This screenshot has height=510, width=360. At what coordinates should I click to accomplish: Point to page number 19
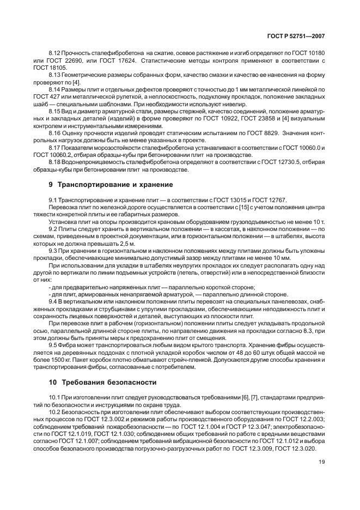[x=321, y=463]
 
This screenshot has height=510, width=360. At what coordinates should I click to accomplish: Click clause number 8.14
[x=55, y=88]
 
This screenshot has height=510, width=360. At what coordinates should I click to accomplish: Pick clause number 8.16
[x=55, y=132]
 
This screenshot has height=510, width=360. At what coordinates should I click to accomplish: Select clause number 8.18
[x=55, y=162]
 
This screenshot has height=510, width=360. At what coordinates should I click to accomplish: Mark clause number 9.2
[x=53, y=230]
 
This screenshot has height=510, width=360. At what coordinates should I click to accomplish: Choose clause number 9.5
[x=53, y=345]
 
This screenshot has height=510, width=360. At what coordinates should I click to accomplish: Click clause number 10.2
[x=56, y=412]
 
